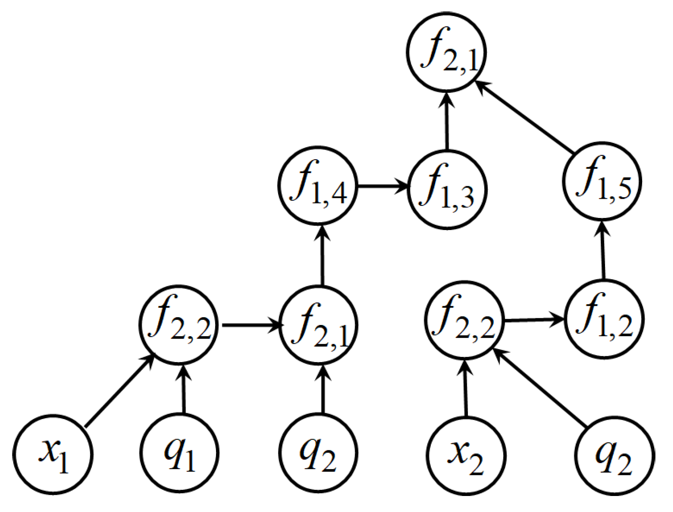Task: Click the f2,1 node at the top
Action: [446, 52]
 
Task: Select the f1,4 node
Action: [318, 186]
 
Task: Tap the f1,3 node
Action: [447, 190]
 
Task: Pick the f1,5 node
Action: [602, 181]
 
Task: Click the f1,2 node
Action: [604, 319]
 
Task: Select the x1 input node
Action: [53, 454]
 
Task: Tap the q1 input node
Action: [179, 453]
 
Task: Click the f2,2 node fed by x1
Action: [179, 325]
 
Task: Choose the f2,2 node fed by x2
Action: [464, 320]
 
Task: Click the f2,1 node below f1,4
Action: [319, 325]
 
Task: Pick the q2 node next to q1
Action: [318, 453]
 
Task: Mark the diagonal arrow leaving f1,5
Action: [525, 117]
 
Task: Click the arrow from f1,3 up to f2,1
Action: [447, 121]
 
